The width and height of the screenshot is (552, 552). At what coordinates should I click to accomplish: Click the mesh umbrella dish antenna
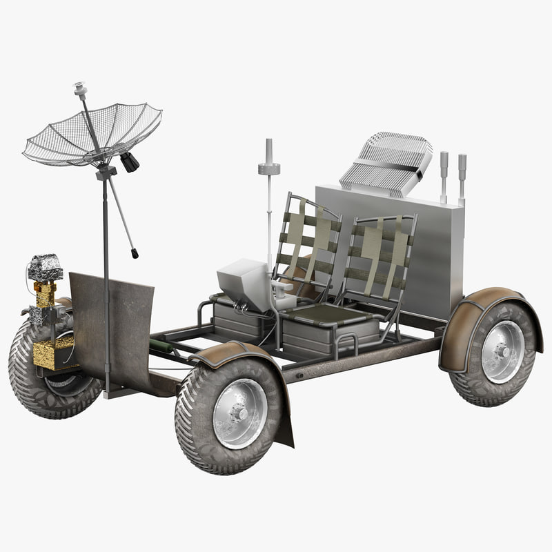[93, 135]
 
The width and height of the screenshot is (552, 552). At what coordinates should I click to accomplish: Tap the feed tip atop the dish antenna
[80, 88]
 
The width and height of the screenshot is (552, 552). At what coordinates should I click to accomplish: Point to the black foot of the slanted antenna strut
[135, 255]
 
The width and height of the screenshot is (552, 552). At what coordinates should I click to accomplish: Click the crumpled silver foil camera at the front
[46, 267]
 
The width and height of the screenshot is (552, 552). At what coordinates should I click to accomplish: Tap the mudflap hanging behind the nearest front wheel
[283, 421]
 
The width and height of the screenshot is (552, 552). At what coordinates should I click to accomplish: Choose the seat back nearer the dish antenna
[307, 241]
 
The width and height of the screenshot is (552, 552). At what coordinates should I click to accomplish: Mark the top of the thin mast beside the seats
[268, 145]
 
